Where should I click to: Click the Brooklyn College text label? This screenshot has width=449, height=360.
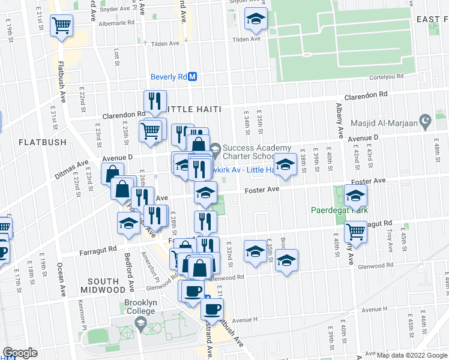point(140,307)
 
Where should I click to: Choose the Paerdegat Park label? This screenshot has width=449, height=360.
point(339,211)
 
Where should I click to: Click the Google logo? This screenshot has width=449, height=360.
point(20,353)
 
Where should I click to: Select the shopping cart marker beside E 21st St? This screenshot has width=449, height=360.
point(61,26)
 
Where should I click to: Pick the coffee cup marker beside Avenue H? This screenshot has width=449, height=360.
point(211,309)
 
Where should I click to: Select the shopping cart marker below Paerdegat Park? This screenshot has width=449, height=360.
point(357,230)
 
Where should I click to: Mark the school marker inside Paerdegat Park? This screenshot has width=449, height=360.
point(356,196)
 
